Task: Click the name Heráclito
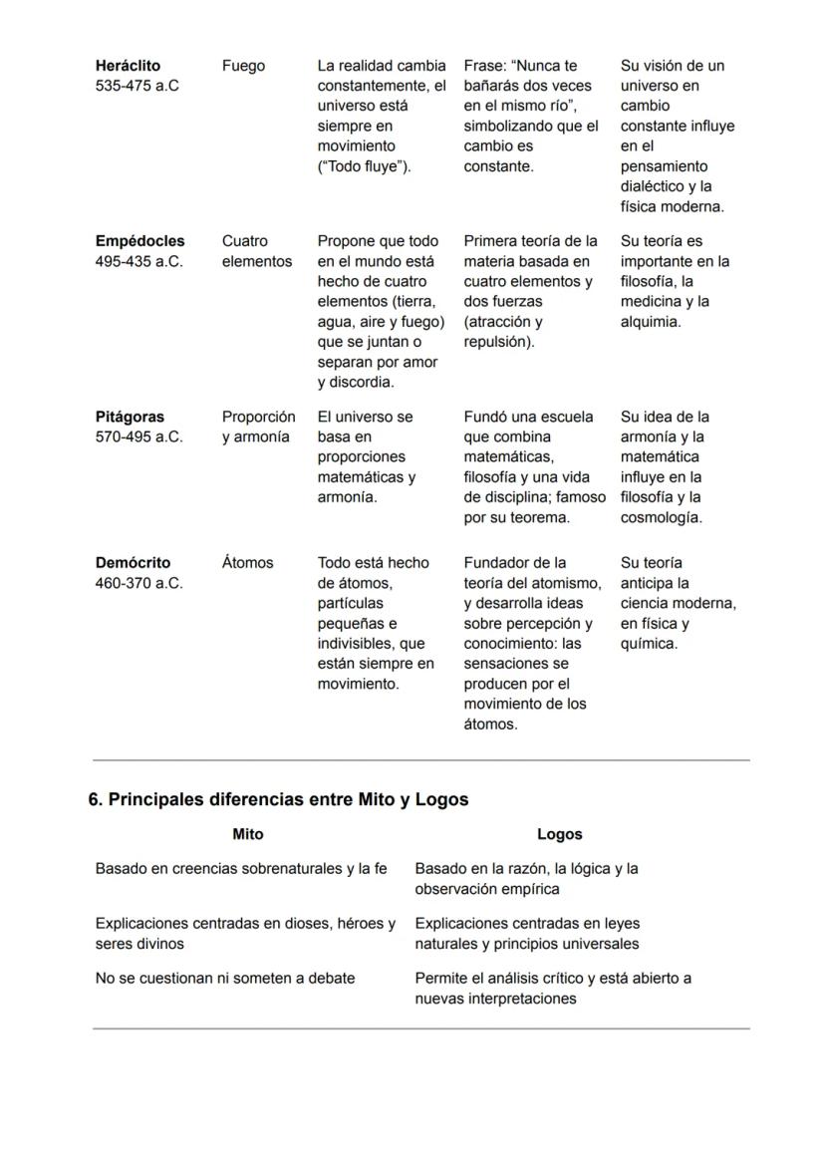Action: [x=128, y=66]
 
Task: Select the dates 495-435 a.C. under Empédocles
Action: [x=139, y=262]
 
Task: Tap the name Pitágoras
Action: [x=130, y=417]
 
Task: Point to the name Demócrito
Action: [x=133, y=563]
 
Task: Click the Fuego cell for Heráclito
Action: [x=243, y=66]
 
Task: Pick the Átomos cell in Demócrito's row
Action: [x=247, y=563]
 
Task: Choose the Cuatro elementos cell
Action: [x=256, y=251]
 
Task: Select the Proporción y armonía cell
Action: [x=258, y=427]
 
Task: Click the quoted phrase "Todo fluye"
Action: [x=363, y=166]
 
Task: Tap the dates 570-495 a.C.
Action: [x=139, y=437]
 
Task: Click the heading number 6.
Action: [x=96, y=799]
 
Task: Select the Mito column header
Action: [x=247, y=834]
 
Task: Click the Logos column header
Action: [x=559, y=834]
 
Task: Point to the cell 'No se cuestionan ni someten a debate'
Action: [x=224, y=979]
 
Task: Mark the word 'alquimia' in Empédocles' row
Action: [x=651, y=322]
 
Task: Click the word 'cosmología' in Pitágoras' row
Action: [x=661, y=518]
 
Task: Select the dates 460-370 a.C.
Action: [x=139, y=583]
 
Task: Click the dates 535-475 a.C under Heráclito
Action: [x=137, y=87]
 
